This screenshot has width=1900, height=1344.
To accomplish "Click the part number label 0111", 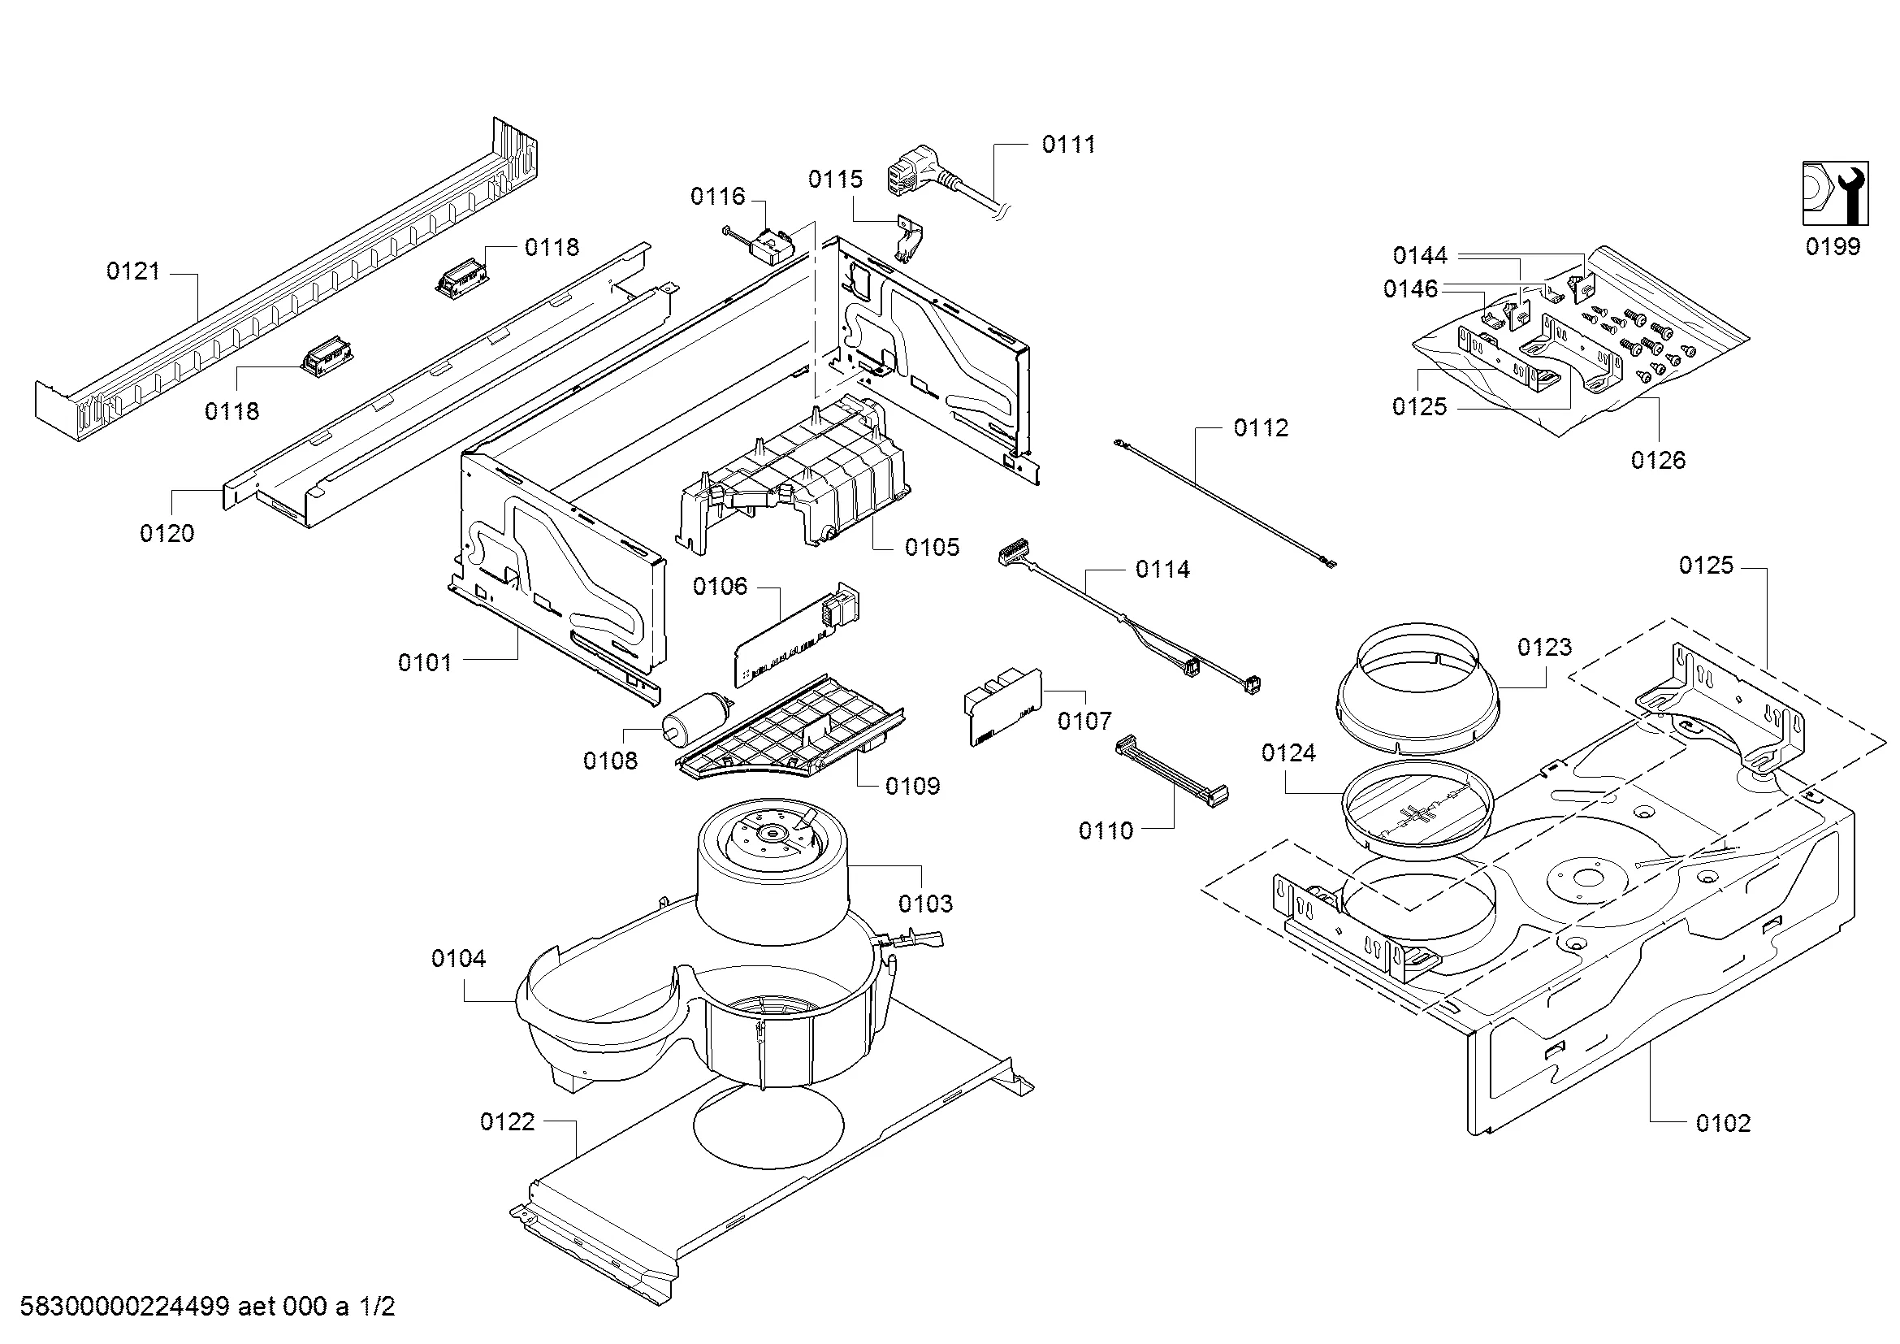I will point(1067,145).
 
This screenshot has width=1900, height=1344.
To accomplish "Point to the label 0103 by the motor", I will point(925,904).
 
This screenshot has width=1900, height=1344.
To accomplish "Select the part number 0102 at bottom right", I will point(1723,1123).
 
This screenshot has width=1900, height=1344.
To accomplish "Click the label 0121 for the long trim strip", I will point(133,271).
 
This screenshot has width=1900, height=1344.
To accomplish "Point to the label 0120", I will point(167,534).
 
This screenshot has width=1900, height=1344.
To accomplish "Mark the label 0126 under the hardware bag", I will point(1658,460).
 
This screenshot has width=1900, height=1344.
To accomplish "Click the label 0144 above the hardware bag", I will point(1420,256).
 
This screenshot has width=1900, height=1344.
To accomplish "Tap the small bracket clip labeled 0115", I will point(911,241).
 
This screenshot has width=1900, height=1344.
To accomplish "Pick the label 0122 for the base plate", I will point(507,1122).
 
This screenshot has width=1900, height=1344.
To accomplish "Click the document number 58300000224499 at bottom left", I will point(124,1307).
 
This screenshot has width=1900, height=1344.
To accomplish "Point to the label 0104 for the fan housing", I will point(458,959).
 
